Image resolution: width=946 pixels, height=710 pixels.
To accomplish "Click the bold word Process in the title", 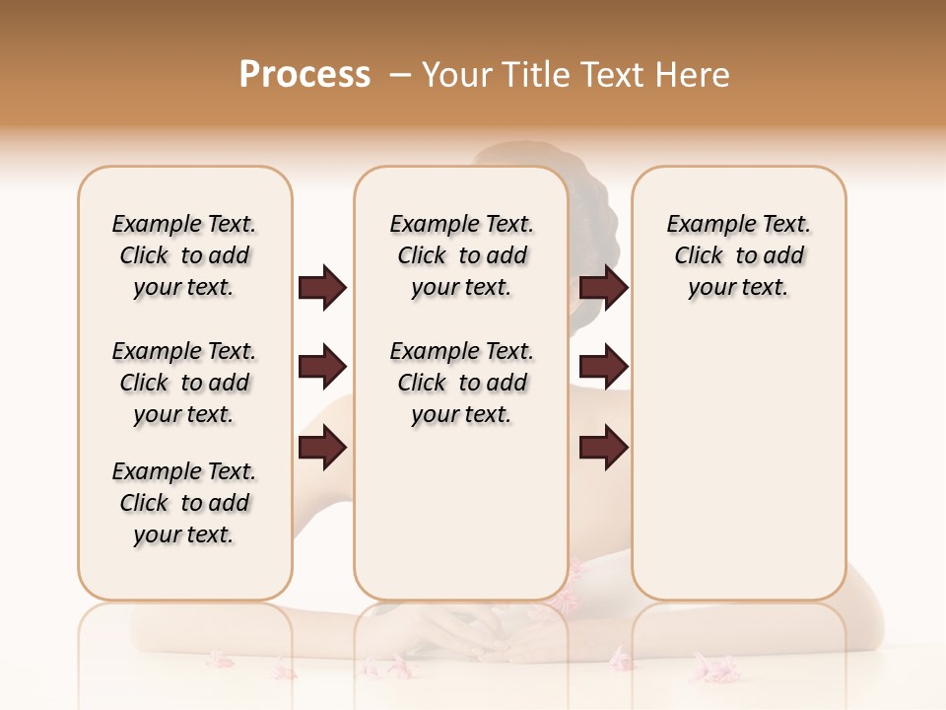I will coord(304,75).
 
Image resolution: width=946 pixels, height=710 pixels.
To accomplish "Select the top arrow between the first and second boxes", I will coord(322,287).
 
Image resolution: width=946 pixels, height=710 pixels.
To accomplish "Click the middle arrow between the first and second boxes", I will coord(322,367).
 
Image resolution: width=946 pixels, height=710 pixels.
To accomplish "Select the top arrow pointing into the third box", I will coord(603,287).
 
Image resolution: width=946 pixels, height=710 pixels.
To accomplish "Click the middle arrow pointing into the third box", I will coord(603,367).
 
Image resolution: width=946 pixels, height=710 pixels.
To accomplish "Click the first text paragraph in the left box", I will coord(184,255).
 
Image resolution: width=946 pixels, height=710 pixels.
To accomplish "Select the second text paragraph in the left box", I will coord(184,383).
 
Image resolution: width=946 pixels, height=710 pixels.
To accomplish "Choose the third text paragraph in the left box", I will coord(184,503).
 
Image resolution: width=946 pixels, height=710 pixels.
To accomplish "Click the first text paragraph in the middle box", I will coord(461,255).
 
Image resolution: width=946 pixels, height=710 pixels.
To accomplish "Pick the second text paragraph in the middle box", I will coord(461,383).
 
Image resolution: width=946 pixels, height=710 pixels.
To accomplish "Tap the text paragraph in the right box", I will coord(738,255).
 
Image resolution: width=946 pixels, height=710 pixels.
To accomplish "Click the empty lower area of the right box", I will coord(738,473).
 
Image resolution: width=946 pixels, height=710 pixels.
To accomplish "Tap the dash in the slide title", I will coord(400,75).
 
